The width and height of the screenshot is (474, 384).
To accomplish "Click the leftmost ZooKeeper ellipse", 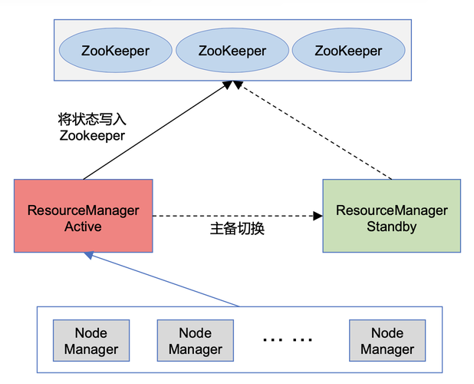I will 116,51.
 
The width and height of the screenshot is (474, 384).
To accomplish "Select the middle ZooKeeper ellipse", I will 232,51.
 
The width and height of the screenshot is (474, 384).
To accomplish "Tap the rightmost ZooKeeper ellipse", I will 347,51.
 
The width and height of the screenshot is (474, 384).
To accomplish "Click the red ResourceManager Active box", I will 83,216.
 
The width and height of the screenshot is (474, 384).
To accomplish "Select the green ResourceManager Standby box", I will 391,216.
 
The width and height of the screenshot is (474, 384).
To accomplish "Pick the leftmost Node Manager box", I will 91,341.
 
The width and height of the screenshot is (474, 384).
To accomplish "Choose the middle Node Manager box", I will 196,341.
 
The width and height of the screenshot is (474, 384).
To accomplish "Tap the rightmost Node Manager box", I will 387,341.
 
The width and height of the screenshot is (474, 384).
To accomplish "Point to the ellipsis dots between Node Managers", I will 287,339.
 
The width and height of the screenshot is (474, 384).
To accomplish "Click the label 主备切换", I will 237,229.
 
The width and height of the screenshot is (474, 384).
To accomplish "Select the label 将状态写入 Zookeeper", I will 91,127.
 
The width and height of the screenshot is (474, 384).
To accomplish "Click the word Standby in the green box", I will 391,227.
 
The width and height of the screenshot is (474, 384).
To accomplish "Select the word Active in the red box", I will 83,227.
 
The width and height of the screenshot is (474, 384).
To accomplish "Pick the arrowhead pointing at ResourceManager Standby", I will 318,216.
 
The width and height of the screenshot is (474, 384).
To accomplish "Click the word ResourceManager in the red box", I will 83,210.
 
